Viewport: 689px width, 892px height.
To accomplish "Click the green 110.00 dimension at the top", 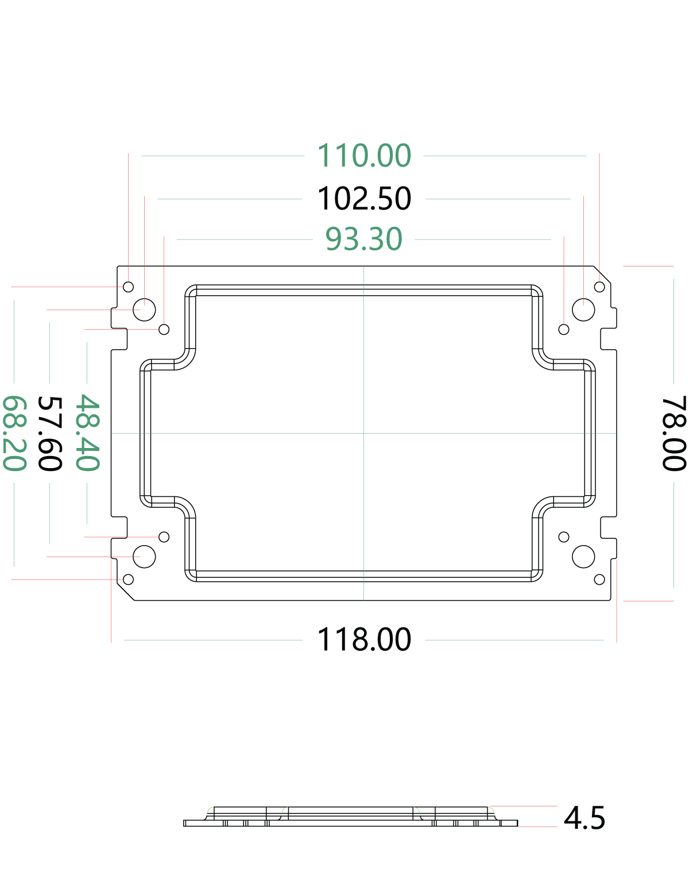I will click(x=364, y=155).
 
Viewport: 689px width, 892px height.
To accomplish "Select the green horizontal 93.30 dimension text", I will click(x=364, y=239).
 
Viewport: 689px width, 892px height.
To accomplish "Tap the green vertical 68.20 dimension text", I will click(x=16, y=433).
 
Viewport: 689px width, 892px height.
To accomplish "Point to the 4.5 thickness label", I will click(x=585, y=817).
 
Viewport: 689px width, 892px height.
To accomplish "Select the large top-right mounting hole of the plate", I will click(x=481, y=191).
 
